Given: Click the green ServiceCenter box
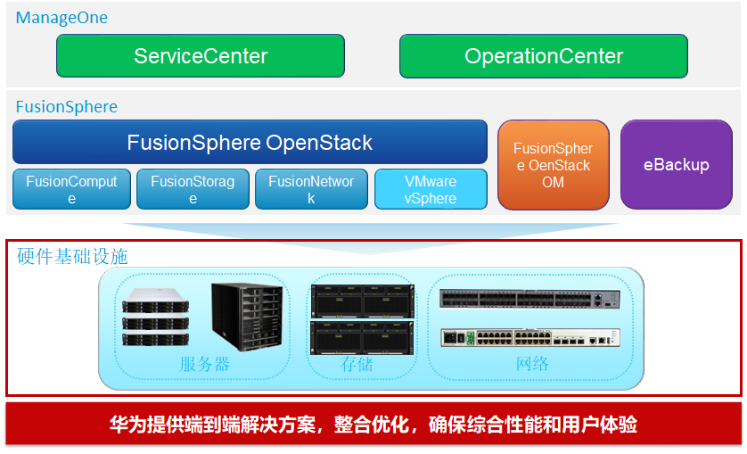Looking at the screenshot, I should click(201, 56).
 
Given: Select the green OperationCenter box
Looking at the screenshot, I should click(543, 56).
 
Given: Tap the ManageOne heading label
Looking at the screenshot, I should click(62, 17).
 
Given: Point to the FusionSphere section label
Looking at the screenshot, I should click(67, 107).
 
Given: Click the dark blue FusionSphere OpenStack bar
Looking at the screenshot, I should click(250, 142).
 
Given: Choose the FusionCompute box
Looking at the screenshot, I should click(71, 189).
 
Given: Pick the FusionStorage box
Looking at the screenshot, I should click(193, 189).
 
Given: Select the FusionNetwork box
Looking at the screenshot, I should click(311, 189).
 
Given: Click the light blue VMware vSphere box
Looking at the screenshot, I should click(431, 189).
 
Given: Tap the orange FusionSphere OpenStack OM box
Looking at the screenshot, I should click(553, 166).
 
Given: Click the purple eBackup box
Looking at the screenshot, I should click(676, 166).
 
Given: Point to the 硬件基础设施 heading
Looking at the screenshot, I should click(72, 257).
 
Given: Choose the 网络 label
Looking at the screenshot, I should click(532, 364).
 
